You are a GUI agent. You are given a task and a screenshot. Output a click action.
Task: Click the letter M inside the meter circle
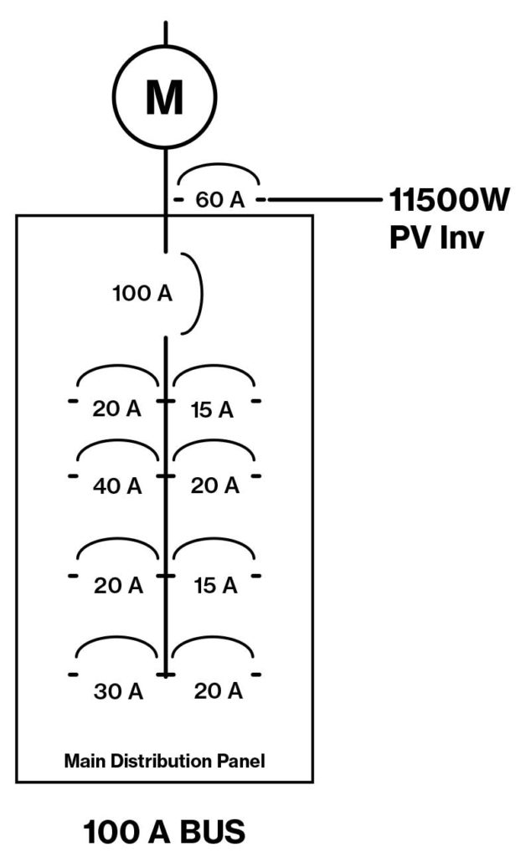(x=165, y=100)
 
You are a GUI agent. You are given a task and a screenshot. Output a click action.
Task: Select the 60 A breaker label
(x=219, y=200)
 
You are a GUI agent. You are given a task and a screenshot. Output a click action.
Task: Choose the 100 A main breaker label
(x=142, y=294)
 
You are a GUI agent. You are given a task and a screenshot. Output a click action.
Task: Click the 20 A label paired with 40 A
(x=215, y=485)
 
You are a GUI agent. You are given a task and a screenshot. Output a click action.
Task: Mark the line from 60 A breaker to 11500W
(x=323, y=200)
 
